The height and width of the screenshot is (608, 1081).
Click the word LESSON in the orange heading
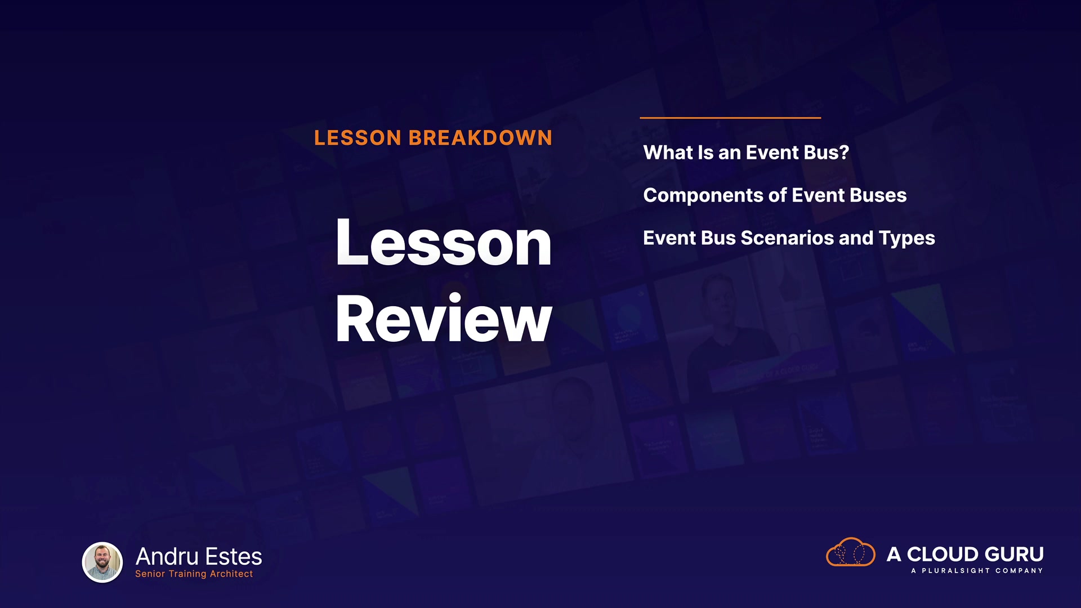tap(358, 138)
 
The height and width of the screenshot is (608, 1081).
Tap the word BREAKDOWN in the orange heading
tap(480, 138)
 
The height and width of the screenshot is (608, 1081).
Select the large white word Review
tap(444, 319)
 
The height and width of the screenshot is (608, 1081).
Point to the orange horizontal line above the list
tap(730, 118)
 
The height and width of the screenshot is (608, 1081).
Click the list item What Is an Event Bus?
tap(746, 153)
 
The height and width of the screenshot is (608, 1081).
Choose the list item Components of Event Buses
tap(775, 195)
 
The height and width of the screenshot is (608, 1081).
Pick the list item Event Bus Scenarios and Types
tap(789, 238)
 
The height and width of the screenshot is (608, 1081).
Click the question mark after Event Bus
tap(843, 153)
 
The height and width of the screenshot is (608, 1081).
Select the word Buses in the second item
tap(878, 195)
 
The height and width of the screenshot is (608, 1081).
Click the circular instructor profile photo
tap(102, 562)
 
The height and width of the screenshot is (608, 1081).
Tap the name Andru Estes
tap(199, 556)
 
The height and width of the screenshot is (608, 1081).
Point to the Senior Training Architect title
tap(194, 574)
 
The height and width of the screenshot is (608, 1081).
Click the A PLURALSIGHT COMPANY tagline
tap(977, 571)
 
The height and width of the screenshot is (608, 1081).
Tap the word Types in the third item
tap(907, 239)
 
